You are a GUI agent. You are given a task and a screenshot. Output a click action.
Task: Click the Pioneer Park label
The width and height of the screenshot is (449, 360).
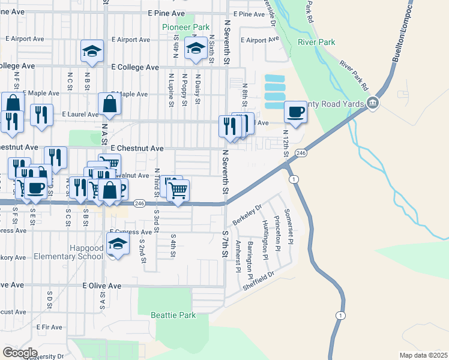click(x=185, y=27)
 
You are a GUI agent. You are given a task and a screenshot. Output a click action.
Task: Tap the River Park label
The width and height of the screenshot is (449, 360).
click(x=316, y=42)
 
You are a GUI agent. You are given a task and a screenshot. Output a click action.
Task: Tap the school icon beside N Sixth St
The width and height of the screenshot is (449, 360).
click(x=195, y=50)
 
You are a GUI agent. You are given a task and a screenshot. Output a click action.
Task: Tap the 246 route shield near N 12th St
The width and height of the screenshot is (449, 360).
click(x=301, y=154)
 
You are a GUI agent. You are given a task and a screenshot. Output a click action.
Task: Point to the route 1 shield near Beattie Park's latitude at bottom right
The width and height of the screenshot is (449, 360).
click(x=341, y=316)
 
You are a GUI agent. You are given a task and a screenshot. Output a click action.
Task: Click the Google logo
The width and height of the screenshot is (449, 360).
click(x=20, y=353)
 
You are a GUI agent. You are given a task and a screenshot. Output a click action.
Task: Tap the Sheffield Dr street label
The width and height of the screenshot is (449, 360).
click(x=258, y=281)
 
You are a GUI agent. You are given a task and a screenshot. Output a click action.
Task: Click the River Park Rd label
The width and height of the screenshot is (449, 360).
click(x=353, y=71)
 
